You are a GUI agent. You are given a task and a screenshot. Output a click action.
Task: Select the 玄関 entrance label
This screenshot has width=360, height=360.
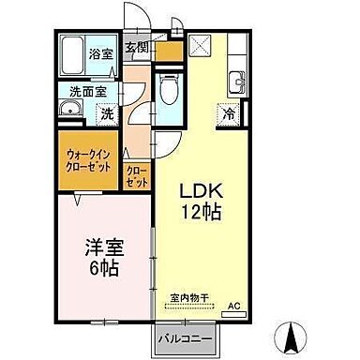(136, 47)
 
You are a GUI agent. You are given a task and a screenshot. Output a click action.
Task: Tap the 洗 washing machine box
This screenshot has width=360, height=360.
(108, 113)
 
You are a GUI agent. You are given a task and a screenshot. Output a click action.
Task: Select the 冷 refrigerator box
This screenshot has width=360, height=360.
(228, 114)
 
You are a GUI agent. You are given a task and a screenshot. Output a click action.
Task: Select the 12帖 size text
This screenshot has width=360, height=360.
(201, 212)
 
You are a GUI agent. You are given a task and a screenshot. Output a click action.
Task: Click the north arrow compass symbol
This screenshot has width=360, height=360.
(291, 334)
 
